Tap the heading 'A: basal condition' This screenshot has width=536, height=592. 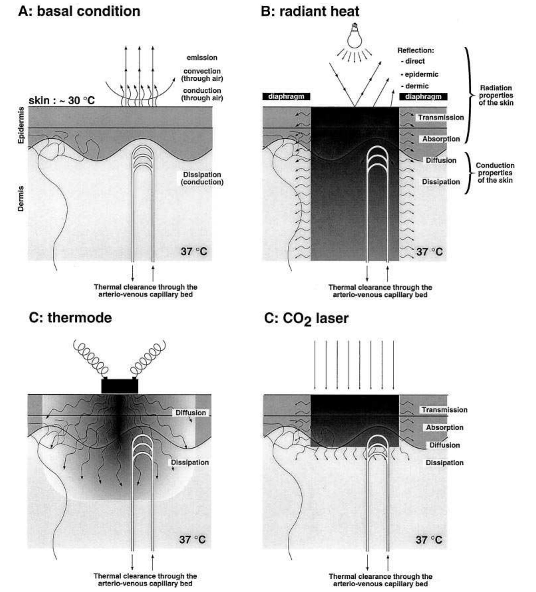[x=79, y=11]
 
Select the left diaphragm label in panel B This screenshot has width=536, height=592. [x=286, y=96]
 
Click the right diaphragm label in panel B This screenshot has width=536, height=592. [x=423, y=96]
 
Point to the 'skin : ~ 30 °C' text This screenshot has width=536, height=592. [x=62, y=100]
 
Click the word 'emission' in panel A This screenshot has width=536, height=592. [x=202, y=57]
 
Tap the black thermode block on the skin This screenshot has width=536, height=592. [x=120, y=386]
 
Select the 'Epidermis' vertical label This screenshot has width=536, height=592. [x=21, y=125]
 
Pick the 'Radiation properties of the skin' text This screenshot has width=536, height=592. [x=496, y=95]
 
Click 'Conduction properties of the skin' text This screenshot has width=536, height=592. [x=495, y=173]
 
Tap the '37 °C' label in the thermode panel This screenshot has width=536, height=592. [x=192, y=539]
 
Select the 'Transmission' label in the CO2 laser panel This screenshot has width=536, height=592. [x=444, y=410]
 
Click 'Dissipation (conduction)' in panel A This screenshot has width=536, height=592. [x=202, y=178]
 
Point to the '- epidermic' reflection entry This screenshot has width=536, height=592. [x=419, y=74]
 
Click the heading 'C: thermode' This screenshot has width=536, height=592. [x=70, y=318]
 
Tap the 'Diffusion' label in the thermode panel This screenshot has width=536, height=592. [x=191, y=413]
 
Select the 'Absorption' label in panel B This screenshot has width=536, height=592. [x=441, y=139]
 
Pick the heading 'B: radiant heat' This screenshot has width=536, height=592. [x=310, y=11]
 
